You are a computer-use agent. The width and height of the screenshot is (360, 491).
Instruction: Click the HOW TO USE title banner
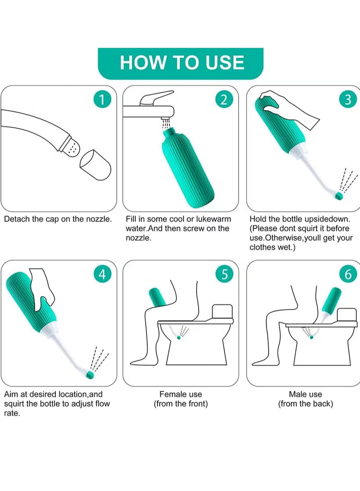coord(180,63)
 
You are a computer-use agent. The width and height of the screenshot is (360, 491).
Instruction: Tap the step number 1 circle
coord(102,100)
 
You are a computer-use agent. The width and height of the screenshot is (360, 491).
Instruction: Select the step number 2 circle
coord(224,100)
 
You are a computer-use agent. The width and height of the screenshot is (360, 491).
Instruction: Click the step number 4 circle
coord(102,275)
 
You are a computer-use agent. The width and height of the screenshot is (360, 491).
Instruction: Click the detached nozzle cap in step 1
coord(95,165)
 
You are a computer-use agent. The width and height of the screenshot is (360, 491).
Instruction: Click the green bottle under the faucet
coord(188,168)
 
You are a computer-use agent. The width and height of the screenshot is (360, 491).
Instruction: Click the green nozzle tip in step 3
coord(338,196)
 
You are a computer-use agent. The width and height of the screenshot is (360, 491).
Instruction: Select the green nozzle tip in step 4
coord(90,374)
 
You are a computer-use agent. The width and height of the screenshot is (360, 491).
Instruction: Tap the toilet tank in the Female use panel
coord(222,311)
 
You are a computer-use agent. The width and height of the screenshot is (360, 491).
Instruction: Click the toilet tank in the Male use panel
coord(347,315)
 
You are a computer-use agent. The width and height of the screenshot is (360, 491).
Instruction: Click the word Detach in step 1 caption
coord(14,219)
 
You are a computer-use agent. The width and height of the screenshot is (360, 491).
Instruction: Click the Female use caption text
coord(180,399)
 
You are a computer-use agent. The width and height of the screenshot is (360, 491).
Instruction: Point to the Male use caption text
coord(306,399)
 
